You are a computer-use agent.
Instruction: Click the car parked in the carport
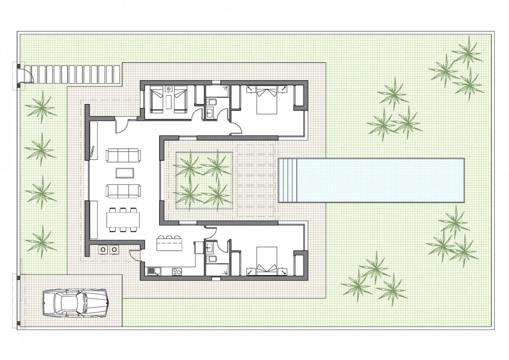75,303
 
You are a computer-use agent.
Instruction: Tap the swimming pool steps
288,180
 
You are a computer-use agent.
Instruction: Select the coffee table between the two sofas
124,173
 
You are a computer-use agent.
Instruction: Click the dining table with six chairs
123,219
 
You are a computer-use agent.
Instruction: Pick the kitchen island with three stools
169,244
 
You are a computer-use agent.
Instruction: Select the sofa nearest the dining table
123,191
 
